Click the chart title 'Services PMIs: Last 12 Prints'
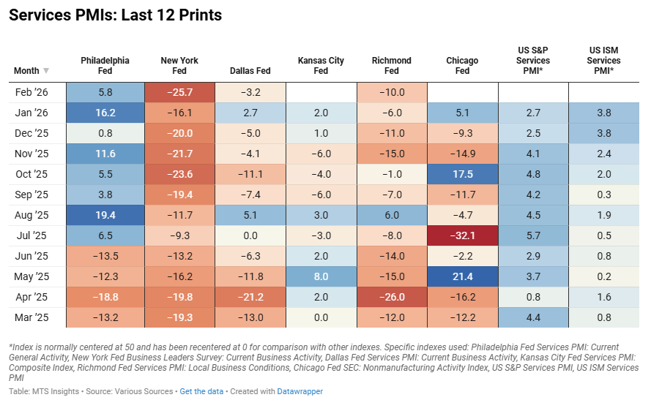click(x=115, y=15)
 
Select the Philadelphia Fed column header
click(x=105, y=66)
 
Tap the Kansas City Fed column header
click(x=321, y=66)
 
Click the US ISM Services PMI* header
click(x=604, y=61)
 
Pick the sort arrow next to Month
click(x=46, y=71)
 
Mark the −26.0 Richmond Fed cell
click(x=392, y=296)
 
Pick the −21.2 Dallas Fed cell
click(x=250, y=296)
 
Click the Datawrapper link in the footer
click(x=300, y=391)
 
